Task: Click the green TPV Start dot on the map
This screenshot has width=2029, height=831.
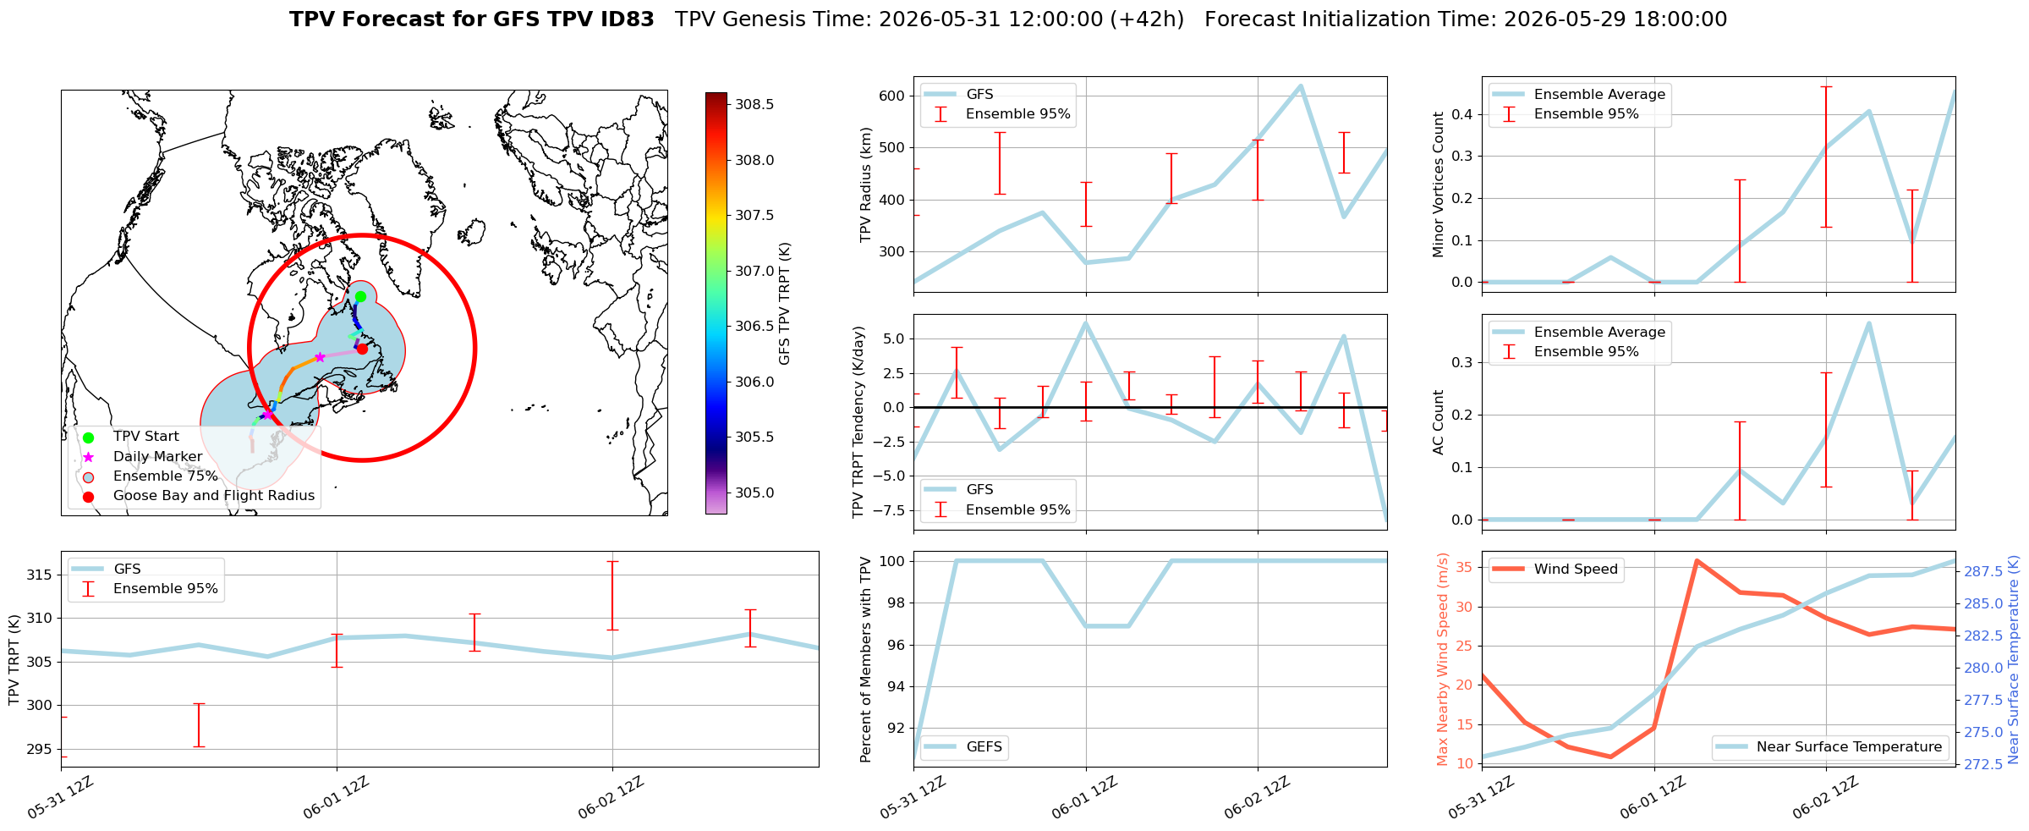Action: point(360,296)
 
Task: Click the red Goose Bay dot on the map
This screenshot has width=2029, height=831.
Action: point(362,349)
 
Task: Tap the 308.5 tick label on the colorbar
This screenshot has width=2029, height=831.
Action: point(754,105)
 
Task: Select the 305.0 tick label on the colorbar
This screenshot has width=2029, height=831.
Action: point(754,493)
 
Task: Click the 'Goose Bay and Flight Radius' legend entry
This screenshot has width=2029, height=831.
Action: point(214,496)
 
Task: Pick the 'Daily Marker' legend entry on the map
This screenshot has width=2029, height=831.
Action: point(158,457)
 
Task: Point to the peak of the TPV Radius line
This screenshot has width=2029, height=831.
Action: point(1300,85)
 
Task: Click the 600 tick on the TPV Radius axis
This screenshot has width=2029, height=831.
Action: point(894,96)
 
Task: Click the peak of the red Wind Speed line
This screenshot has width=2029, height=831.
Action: point(1697,560)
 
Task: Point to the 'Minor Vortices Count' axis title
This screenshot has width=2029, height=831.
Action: point(1439,184)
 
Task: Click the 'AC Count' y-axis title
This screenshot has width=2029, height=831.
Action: point(1439,422)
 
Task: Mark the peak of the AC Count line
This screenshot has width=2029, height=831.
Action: point(1868,322)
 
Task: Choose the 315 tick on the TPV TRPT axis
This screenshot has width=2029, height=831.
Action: point(40,575)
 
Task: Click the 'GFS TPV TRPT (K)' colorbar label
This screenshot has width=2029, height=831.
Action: point(785,304)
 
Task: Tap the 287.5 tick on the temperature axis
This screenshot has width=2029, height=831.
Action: point(1982,572)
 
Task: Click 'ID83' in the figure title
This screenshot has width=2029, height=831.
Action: point(627,19)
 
